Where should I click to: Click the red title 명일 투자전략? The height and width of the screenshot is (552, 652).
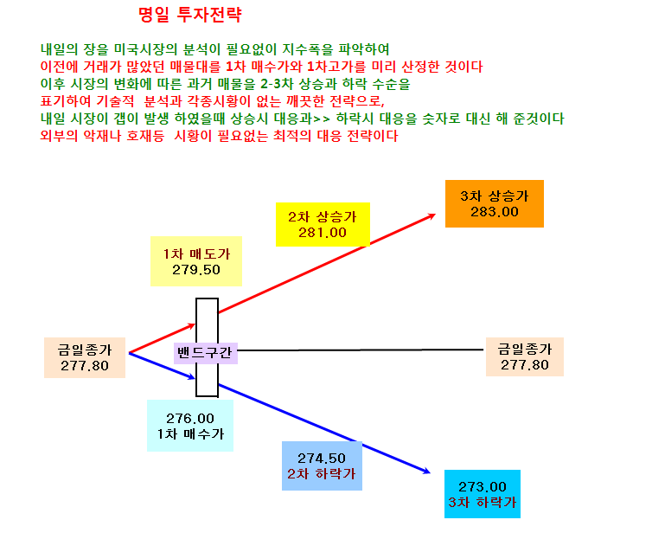[x=189, y=15]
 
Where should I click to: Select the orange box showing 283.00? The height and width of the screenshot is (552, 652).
[x=495, y=204]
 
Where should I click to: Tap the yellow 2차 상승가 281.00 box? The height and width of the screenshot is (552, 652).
[x=323, y=225]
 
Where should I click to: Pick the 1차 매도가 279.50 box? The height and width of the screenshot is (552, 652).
[x=196, y=261]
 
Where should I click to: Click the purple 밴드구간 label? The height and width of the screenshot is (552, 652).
[x=206, y=353]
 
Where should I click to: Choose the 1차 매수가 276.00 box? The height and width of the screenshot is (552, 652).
[x=190, y=426]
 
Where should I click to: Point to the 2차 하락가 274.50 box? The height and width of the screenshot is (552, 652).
[x=322, y=465]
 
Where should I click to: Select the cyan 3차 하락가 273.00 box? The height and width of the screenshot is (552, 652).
[x=483, y=494]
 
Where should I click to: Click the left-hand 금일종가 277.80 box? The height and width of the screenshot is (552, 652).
[x=85, y=357]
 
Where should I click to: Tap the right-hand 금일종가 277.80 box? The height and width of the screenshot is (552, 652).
[x=525, y=357]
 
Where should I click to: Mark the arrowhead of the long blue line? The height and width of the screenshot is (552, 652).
[x=428, y=472]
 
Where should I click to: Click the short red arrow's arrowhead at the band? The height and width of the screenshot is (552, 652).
[x=194, y=324]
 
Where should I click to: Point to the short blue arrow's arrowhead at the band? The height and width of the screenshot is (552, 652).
[x=194, y=378]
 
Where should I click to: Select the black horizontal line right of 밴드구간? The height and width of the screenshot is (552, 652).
[x=360, y=350]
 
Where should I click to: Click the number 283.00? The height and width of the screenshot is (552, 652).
[x=495, y=212]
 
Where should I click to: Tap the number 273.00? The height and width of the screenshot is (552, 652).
[x=483, y=486]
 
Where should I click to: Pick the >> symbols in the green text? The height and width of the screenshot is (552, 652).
[x=322, y=119]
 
